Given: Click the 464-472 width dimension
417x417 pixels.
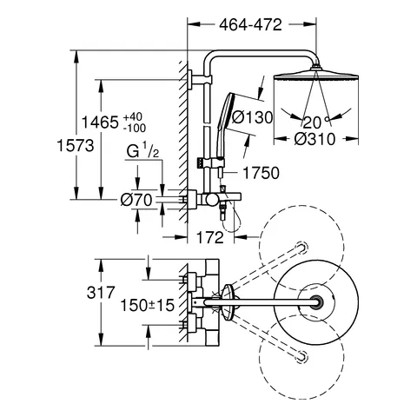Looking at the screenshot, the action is pyautogui.click(x=250, y=25).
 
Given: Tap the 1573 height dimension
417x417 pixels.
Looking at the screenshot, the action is pyautogui.click(x=76, y=145).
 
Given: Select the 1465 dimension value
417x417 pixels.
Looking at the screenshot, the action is pyautogui.click(x=100, y=122).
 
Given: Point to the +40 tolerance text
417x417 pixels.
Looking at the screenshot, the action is pyautogui.click(x=133, y=117).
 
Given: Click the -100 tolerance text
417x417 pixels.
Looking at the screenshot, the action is pyautogui.click(x=135, y=128).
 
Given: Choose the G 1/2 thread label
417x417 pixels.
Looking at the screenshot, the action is pyautogui.click(x=143, y=152).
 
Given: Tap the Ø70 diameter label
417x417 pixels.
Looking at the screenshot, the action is pyautogui.click(x=136, y=200).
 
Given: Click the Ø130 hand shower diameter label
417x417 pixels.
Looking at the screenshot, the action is pyautogui.click(x=253, y=117).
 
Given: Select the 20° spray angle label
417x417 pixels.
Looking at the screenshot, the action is pyautogui.click(x=315, y=122).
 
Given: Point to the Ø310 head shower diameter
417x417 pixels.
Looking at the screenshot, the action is pyautogui.click(x=314, y=139).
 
